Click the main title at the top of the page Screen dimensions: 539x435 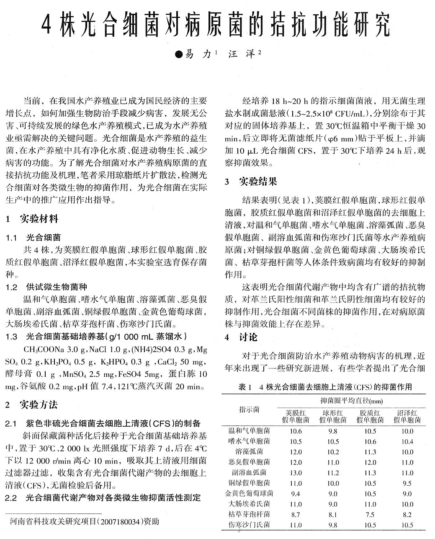[217, 26]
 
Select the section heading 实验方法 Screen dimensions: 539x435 [39, 404]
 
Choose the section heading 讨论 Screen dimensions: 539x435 [248, 337]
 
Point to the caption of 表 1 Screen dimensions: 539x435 [325, 387]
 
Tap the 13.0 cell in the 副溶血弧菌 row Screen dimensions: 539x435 [296, 472]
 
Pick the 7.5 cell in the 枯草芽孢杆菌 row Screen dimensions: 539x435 [370, 514]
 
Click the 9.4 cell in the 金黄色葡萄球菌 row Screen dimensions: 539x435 [296, 493]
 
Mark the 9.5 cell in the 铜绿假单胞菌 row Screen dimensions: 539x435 [407, 483]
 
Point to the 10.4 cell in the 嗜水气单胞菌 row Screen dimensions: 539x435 [407, 441]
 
